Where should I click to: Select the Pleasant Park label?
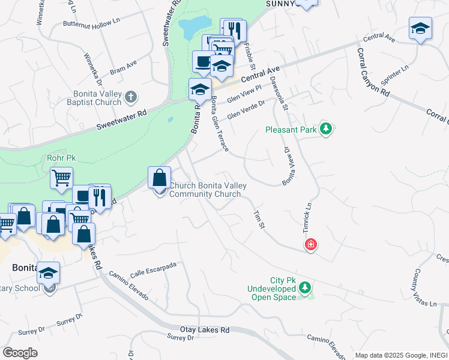[292, 129]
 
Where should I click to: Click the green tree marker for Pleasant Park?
[326, 128]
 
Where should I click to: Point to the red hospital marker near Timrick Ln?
[311, 244]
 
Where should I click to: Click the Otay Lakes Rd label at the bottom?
[205, 330]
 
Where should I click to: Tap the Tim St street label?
[259, 219]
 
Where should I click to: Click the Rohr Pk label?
[61, 158]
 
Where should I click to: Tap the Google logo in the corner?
[20, 353]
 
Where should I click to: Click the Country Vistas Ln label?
[423, 293]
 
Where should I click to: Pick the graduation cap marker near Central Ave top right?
[420, 28]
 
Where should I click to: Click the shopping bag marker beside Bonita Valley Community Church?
[159, 178]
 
